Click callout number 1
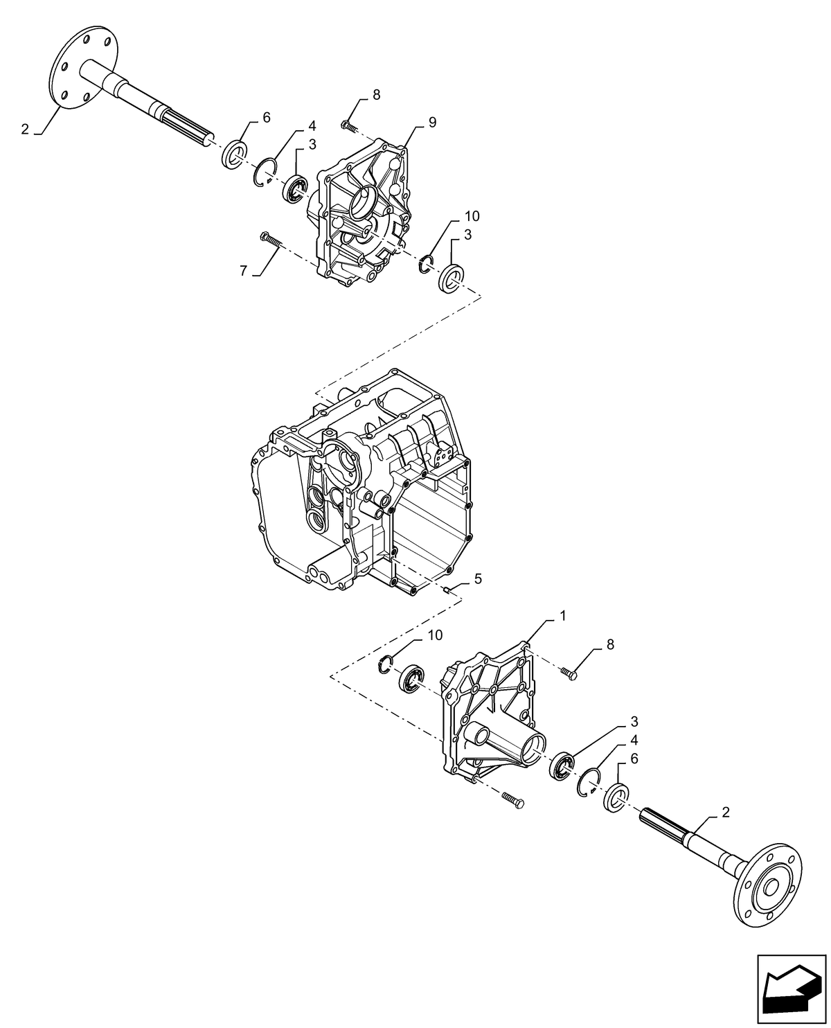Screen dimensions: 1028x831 [563, 615]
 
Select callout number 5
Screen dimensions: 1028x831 [478, 577]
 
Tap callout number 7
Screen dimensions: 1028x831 [243, 271]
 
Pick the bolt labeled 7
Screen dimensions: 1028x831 [272, 240]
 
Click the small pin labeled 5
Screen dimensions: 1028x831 [447, 590]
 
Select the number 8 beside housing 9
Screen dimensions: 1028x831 [376, 96]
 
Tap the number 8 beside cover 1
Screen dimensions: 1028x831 [610, 644]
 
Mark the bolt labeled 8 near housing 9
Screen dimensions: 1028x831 [348, 126]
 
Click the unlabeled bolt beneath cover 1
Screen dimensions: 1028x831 [513, 800]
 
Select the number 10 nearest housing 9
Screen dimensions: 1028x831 [472, 216]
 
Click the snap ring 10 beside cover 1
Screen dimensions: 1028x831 [386, 664]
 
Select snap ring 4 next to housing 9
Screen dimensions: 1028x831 [265, 173]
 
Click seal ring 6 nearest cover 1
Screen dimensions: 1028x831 [615, 796]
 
